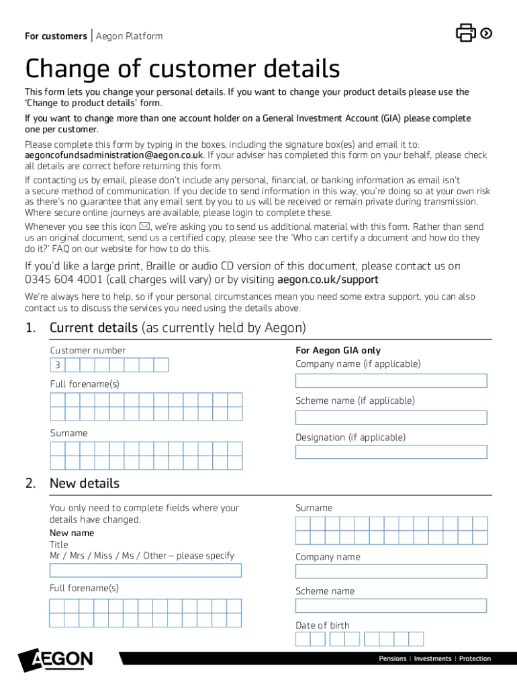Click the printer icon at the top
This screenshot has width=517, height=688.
pyautogui.click(x=466, y=32)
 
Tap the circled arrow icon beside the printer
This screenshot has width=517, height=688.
pyautogui.click(x=487, y=33)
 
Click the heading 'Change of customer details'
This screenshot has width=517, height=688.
pyautogui.click(x=182, y=69)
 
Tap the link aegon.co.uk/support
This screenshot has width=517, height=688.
pyautogui.click(x=328, y=279)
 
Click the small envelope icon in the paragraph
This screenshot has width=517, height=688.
pyautogui.click(x=144, y=227)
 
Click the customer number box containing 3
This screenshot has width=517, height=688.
pyautogui.click(x=58, y=365)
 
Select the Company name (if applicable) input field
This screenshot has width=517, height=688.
pyautogui.click(x=391, y=381)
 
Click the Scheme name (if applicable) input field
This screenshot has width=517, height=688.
pyautogui.click(x=391, y=417)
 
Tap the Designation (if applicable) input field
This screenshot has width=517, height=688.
pyautogui.click(x=391, y=452)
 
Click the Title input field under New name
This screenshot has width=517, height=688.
pyautogui.click(x=146, y=570)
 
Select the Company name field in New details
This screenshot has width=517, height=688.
pyautogui.click(x=391, y=571)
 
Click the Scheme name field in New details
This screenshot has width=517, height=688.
pyautogui.click(x=391, y=605)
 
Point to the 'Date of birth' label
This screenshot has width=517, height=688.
pyautogui.click(x=322, y=626)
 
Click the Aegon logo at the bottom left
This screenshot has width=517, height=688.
pyautogui.click(x=56, y=660)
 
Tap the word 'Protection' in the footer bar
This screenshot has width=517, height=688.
pyautogui.click(x=475, y=659)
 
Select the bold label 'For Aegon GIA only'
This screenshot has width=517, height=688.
pyautogui.click(x=338, y=351)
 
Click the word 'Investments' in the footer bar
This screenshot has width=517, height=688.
pyautogui.click(x=432, y=659)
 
